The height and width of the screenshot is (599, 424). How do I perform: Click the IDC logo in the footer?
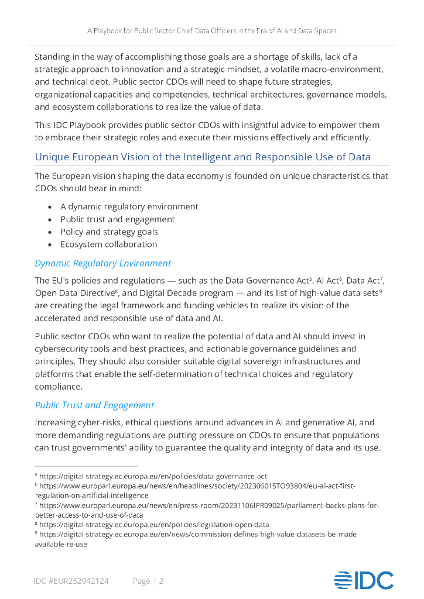(x=364, y=580)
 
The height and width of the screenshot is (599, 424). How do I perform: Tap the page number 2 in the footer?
(x=161, y=581)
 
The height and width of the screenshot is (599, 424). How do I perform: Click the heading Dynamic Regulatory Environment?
(x=103, y=263)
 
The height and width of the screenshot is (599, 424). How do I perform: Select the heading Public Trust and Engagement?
(x=94, y=405)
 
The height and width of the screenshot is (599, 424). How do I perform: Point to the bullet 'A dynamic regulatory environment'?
(x=129, y=206)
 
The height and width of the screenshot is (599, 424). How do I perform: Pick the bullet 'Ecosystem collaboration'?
(x=108, y=244)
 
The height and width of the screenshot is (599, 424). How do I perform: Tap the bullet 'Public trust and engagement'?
(x=117, y=219)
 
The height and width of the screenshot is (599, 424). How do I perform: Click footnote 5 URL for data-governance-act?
(x=153, y=476)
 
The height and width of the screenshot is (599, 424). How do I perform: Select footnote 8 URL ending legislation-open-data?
(x=154, y=525)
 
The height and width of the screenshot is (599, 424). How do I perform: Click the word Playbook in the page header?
(x=112, y=30)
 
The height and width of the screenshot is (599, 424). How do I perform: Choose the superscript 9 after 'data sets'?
(x=381, y=291)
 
